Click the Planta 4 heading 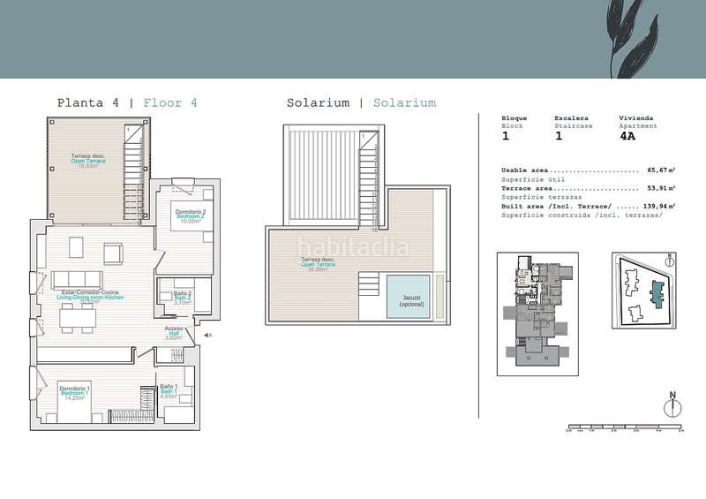(x=88, y=102)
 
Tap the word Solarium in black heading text (x=318, y=102)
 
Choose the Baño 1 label (x=169, y=389)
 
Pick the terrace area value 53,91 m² (x=660, y=188)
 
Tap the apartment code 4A (x=628, y=137)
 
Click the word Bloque (x=514, y=118)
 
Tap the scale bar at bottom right (x=625, y=427)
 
